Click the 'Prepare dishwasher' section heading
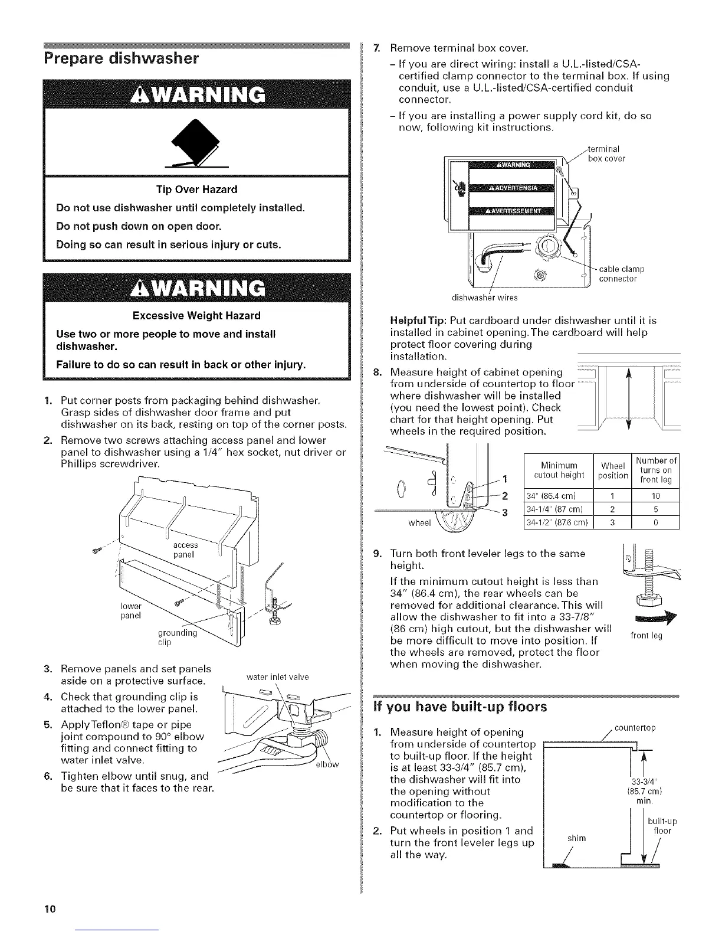coord(121,58)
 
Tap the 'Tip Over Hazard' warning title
coord(196,189)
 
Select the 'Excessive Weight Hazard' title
coord(196,316)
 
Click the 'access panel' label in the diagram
coord(185,550)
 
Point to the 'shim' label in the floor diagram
coord(575,838)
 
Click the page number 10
coord(48,908)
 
